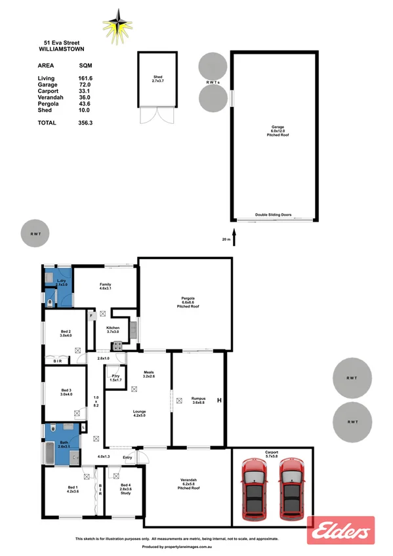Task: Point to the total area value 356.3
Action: (86, 123)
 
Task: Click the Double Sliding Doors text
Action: (273, 215)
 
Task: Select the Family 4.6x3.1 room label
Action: (105, 287)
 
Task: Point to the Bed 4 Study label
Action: (125, 489)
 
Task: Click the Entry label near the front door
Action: (127, 458)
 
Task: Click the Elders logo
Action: (341, 530)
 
